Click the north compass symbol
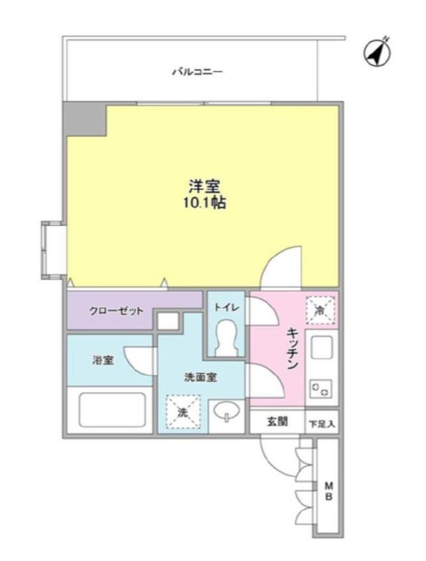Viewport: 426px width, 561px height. (x=377, y=54)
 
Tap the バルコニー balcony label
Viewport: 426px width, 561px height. (x=198, y=72)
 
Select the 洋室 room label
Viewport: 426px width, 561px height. (x=204, y=187)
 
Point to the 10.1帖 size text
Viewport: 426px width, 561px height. (x=204, y=203)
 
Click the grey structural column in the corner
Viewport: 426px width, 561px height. (x=85, y=119)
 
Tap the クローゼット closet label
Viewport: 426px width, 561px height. (x=116, y=310)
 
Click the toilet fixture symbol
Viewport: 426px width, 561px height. (x=227, y=338)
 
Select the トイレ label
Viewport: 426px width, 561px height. (x=227, y=307)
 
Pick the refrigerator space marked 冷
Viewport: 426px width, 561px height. (x=320, y=310)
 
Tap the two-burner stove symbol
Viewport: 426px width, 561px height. (x=321, y=388)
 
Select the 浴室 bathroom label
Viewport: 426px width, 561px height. (x=103, y=360)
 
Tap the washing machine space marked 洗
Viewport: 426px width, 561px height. (x=183, y=412)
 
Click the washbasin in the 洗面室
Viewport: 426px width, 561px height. (x=227, y=411)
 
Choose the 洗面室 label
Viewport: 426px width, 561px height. (x=200, y=377)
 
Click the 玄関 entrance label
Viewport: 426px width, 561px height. (x=277, y=422)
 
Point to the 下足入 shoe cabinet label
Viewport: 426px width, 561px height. (x=322, y=424)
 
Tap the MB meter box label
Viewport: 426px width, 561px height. (x=329, y=491)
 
